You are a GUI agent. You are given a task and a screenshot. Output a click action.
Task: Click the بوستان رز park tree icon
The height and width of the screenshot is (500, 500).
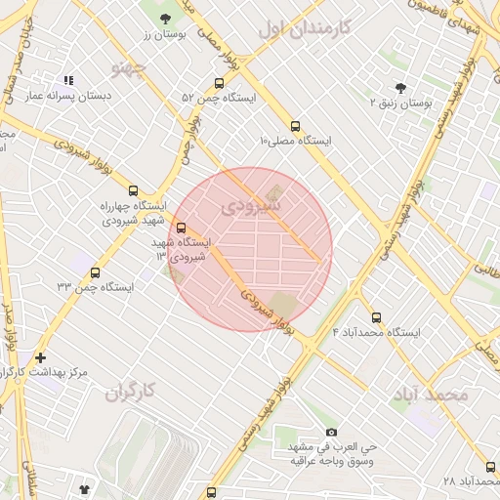point(164,19)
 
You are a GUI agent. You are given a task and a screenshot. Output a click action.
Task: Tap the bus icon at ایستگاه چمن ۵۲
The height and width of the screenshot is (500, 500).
point(218,83)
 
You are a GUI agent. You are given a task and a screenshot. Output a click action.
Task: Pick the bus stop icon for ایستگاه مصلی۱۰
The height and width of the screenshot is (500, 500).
point(295,125)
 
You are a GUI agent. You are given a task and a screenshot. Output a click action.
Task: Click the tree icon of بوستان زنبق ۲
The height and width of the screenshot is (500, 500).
point(398,87)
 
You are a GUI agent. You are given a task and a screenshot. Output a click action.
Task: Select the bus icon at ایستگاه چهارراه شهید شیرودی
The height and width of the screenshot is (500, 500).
point(133,191)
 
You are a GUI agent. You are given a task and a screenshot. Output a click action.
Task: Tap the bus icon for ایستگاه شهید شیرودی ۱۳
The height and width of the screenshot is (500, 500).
point(180,228)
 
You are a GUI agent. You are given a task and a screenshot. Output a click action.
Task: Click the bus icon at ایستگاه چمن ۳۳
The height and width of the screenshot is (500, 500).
point(95,272)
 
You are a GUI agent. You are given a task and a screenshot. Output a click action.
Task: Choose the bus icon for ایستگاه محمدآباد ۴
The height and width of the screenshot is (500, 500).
point(377,316)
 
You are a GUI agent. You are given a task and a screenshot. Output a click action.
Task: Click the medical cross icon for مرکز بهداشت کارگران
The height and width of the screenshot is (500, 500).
point(40,357)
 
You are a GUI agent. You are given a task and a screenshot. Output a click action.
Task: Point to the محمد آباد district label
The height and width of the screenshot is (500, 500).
point(431,395)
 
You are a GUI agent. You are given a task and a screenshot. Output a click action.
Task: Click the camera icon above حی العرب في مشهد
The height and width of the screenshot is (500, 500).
point(331,432)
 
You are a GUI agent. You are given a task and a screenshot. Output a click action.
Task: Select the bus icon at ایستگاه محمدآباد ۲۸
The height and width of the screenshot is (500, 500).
point(488,467)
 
